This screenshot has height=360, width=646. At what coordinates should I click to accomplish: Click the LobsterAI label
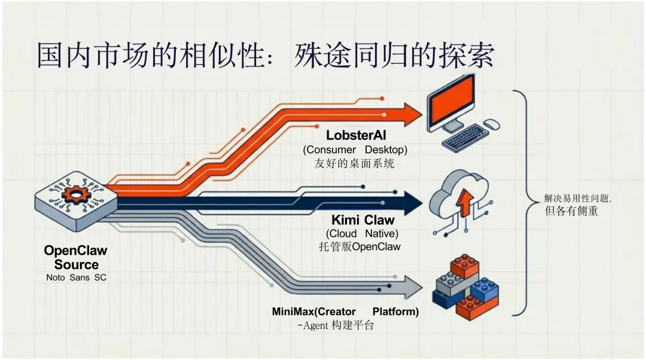tap(356, 136)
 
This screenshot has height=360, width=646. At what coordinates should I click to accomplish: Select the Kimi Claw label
tap(362, 220)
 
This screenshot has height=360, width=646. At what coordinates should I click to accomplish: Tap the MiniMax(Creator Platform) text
tap(345, 312)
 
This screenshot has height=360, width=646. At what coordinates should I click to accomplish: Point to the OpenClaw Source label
tap(76, 257)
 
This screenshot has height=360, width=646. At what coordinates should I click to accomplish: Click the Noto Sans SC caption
tap(76, 277)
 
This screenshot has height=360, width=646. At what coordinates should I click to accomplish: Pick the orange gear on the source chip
tap(75, 195)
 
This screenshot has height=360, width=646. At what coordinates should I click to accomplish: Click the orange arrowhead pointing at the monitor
tap(411, 114)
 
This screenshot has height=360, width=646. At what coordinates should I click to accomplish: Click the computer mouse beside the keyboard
tap(492, 124)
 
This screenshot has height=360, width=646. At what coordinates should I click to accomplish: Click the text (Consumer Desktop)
tap(355, 150)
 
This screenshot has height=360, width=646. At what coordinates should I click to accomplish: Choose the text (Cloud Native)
tap(362, 233)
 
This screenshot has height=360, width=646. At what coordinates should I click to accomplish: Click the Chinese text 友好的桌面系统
tap(354, 163)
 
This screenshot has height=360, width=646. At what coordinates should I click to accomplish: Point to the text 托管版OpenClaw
tap(359, 246)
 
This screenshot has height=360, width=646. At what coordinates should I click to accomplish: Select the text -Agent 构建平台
tap(336, 325)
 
